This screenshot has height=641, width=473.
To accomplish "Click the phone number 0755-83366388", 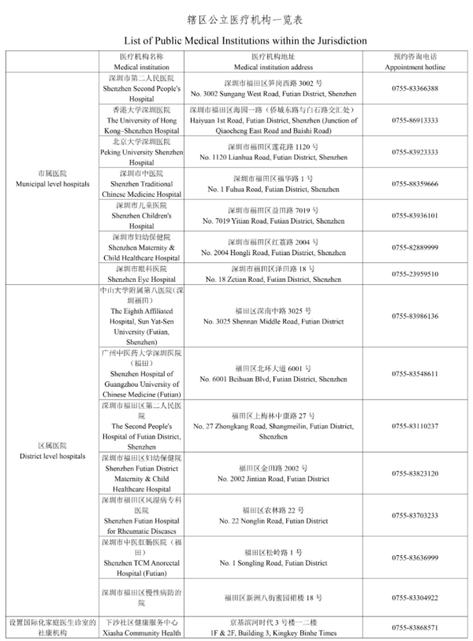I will point(415,88).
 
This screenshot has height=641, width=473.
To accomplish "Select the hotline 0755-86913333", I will point(415,120).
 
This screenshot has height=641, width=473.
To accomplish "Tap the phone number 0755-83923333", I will point(415,152).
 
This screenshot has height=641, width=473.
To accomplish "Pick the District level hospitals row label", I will point(52,450).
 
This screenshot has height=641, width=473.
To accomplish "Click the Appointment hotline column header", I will point(415,61).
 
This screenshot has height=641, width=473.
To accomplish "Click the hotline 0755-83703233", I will point(415,516).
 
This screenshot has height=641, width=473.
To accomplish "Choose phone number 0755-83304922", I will point(415,598).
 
